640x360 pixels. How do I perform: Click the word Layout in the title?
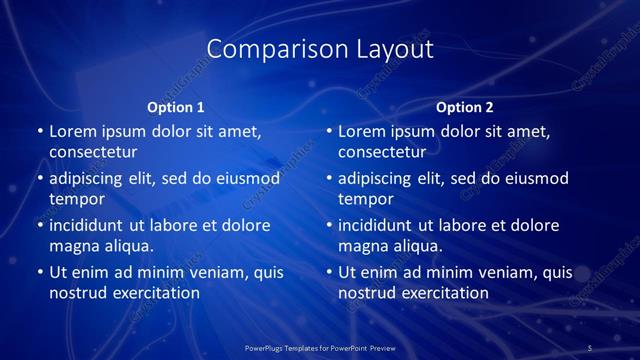point(394,49)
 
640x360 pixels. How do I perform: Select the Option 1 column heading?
point(176,107)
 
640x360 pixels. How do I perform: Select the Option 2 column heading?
point(465,107)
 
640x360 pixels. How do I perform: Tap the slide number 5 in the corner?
point(590,347)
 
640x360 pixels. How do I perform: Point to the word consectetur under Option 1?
point(93,152)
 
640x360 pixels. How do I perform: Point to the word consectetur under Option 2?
point(382,152)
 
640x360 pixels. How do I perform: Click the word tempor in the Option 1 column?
point(72,199)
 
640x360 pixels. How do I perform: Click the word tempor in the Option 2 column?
point(361,199)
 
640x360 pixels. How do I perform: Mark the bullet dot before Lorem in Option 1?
point(40,131)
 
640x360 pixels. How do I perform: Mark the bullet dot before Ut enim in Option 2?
point(329,272)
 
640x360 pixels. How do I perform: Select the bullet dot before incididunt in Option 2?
point(329,225)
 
